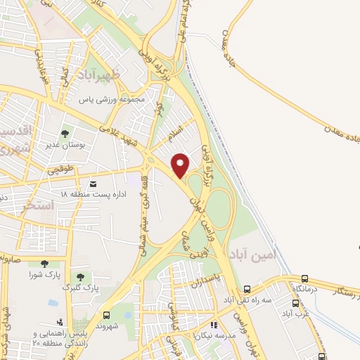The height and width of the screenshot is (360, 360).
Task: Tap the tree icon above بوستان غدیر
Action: (x=65, y=132)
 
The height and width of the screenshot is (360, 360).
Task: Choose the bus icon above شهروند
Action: (x=106, y=315)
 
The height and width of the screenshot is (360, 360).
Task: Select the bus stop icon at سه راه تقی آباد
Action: (x=247, y=289)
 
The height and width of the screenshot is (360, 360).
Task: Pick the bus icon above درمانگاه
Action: (x=304, y=279)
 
